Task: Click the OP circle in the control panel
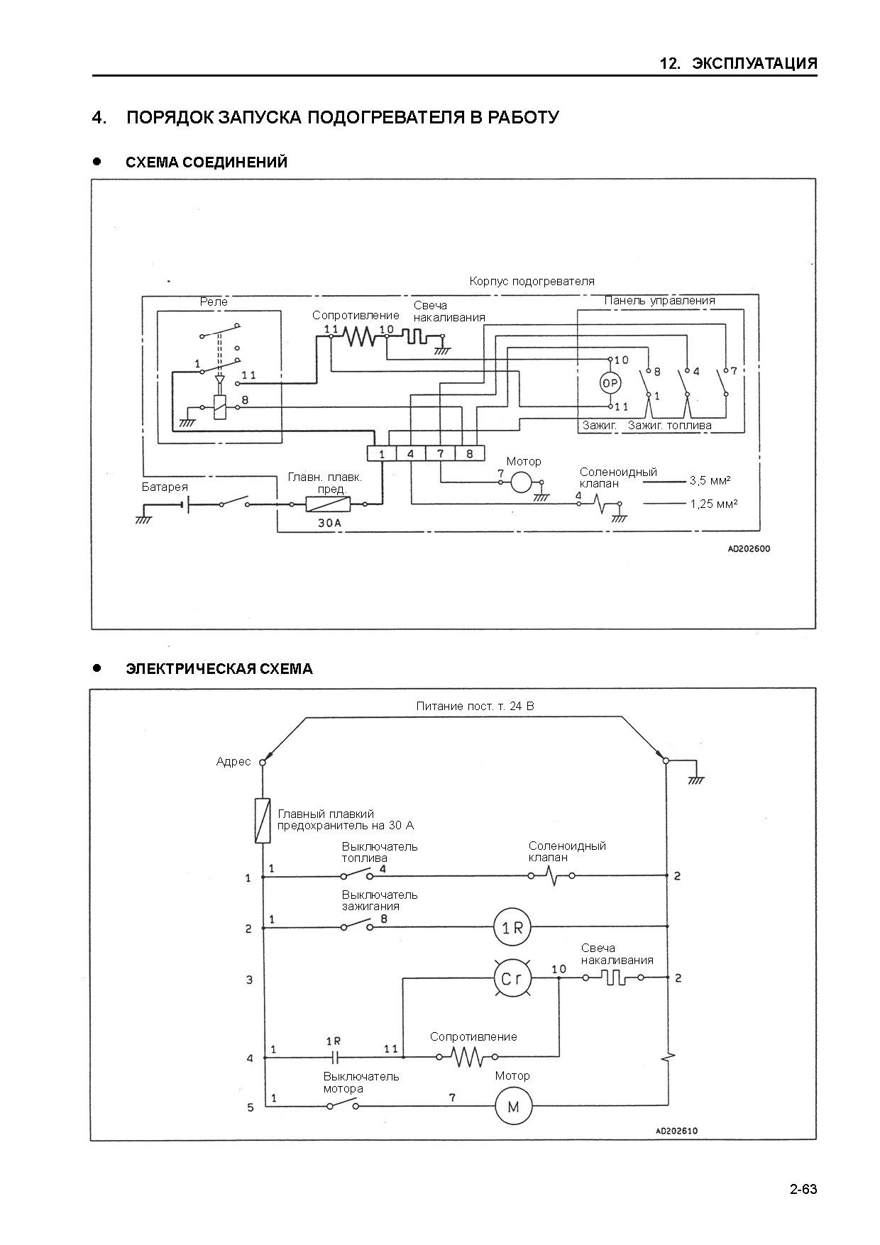(x=610, y=383)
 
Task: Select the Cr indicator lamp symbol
(x=512, y=979)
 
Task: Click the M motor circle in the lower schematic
(x=513, y=1106)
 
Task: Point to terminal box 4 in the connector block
(x=411, y=453)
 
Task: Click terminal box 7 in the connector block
(x=441, y=453)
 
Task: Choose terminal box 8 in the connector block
(x=470, y=453)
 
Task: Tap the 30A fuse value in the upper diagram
(x=329, y=523)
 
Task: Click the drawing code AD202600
(x=749, y=549)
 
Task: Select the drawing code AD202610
(x=676, y=1131)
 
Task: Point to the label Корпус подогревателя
(x=532, y=282)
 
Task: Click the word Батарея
(x=165, y=487)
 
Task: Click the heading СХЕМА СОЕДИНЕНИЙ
(x=207, y=162)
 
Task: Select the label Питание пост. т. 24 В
(x=475, y=707)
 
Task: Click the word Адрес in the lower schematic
(x=233, y=762)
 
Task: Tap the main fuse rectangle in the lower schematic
(x=263, y=821)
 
